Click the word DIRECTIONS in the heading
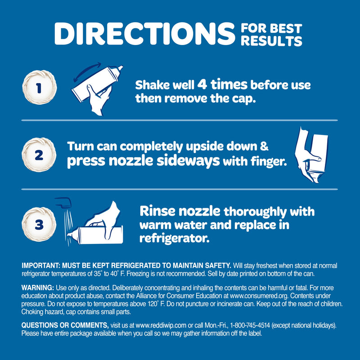click(x=144, y=33)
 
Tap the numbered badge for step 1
click(x=39, y=87)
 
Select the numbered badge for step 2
click(x=39, y=155)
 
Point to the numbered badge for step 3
click(x=39, y=224)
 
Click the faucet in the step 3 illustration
click(x=63, y=202)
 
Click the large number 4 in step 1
click(x=202, y=84)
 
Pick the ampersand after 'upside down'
click(x=264, y=146)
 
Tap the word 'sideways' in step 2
click(x=188, y=161)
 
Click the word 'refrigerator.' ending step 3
click(x=175, y=238)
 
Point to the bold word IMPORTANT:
click(x=41, y=265)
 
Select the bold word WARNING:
click(x=38, y=288)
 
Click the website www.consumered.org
click(x=259, y=296)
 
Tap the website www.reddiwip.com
click(x=161, y=325)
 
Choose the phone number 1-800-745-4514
click(x=250, y=325)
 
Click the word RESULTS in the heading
click(x=271, y=41)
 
